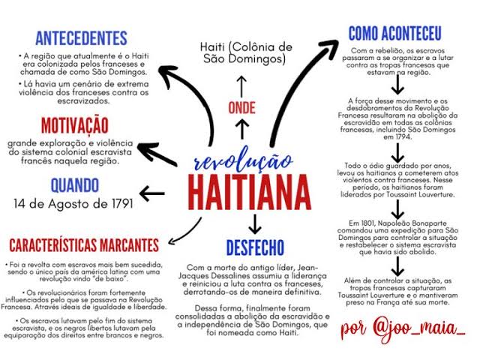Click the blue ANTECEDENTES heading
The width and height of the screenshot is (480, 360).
tap(81, 38)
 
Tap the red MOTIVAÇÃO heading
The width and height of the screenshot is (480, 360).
tap(75, 125)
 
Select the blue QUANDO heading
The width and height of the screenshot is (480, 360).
tap(75, 185)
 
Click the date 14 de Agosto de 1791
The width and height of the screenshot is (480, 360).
tap(73, 203)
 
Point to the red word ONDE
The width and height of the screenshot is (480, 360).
tap(241, 108)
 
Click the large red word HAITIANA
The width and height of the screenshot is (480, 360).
tap(250, 192)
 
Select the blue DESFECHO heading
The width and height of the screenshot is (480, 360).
tap(255, 247)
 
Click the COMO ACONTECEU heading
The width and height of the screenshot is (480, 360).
tap(395, 33)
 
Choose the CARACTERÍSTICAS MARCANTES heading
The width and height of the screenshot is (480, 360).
tap(84, 245)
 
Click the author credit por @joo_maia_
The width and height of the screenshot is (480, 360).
tap(403, 328)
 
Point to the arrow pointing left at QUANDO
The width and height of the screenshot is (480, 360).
tap(152, 193)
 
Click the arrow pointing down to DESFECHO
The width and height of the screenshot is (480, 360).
tap(255, 224)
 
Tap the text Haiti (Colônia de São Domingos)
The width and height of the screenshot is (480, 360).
tap(246, 52)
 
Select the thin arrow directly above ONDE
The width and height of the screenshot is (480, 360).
tap(241, 87)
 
